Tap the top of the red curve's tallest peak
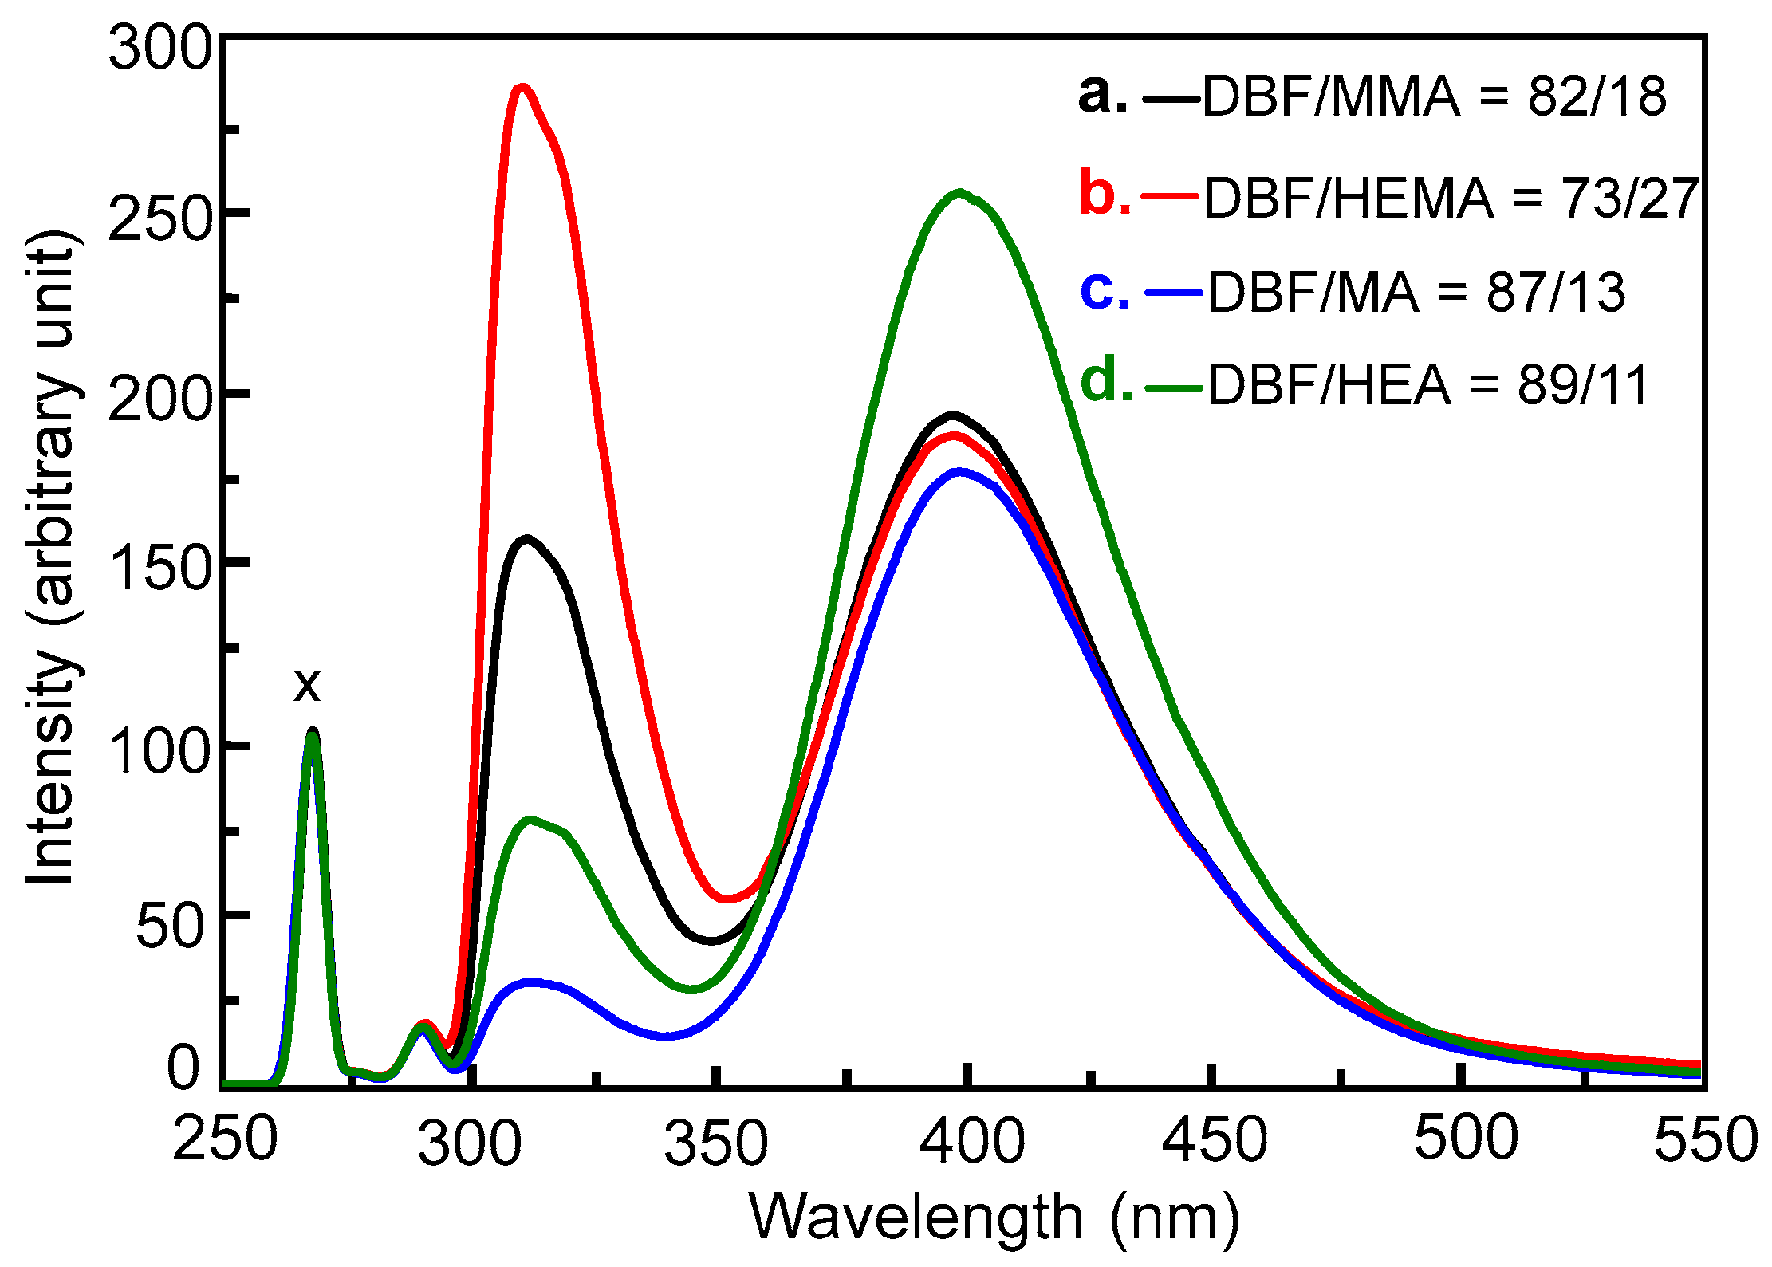pos(522,88)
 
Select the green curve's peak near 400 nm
pos(959,192)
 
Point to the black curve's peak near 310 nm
pos(526,540)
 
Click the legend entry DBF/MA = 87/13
pos(1416,293)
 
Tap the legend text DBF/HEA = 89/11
pos(1427,386)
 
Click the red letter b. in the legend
pos(1105,194)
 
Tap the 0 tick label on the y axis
pos(184,1068)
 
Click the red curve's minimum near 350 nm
pos(726,899)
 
